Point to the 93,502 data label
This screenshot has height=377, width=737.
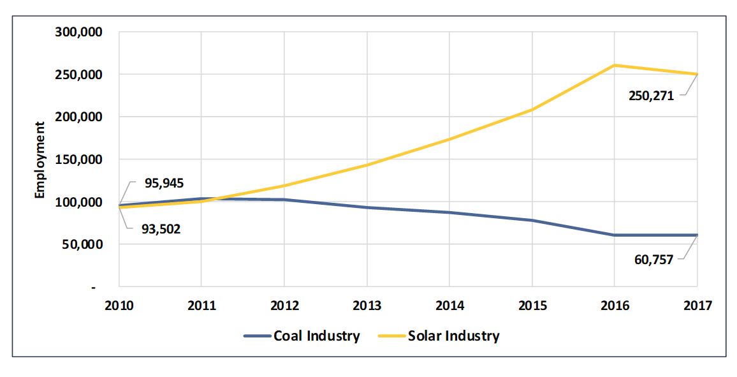(161, 228)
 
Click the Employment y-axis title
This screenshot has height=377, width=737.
(40, 159)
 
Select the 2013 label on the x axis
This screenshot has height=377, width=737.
(367, 305)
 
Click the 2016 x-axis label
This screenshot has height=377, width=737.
(615, 305)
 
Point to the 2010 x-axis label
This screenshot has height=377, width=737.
(119, 305)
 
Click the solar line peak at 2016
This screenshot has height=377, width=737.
(615, 65)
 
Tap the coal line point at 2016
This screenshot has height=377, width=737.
(615, 235)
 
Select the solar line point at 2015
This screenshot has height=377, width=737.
(532, 110)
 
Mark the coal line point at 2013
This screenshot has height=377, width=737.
(367, 207)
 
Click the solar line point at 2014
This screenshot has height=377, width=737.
(449, 139)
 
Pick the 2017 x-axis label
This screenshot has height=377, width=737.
(697, 305)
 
